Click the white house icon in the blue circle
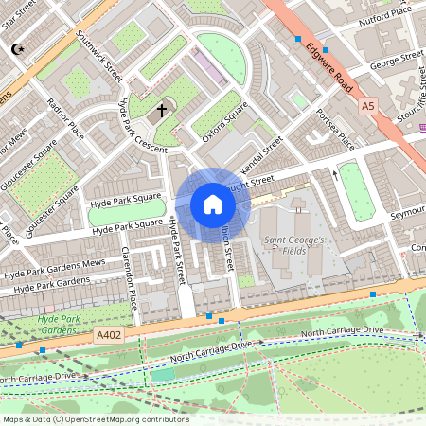[x=212, y=204]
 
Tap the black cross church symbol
[x=162, y=110]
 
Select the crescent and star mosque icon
[x=16, y=48]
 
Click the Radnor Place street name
[x=65, y=118]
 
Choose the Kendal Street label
[x=261, y=153]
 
